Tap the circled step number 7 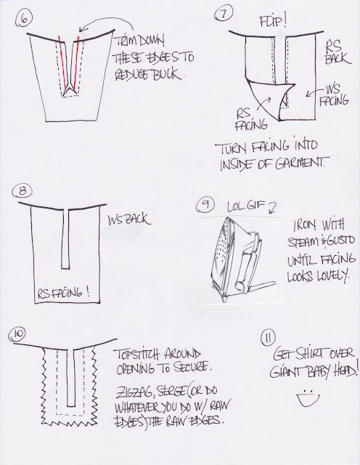tap(224, 14)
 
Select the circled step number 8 tap(22, 190)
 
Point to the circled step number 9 tap(205, 205)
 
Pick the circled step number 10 tap(17, 334)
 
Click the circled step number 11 tap(268, 339)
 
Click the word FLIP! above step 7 tap(273, 21)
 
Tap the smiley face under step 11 tap(308, 398)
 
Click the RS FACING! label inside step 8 tap(63, 294)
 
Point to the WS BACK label tap(129, 219)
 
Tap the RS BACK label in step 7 tap(337, 52)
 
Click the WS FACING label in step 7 tap(333, 95)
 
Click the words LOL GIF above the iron tap(245, 206)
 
